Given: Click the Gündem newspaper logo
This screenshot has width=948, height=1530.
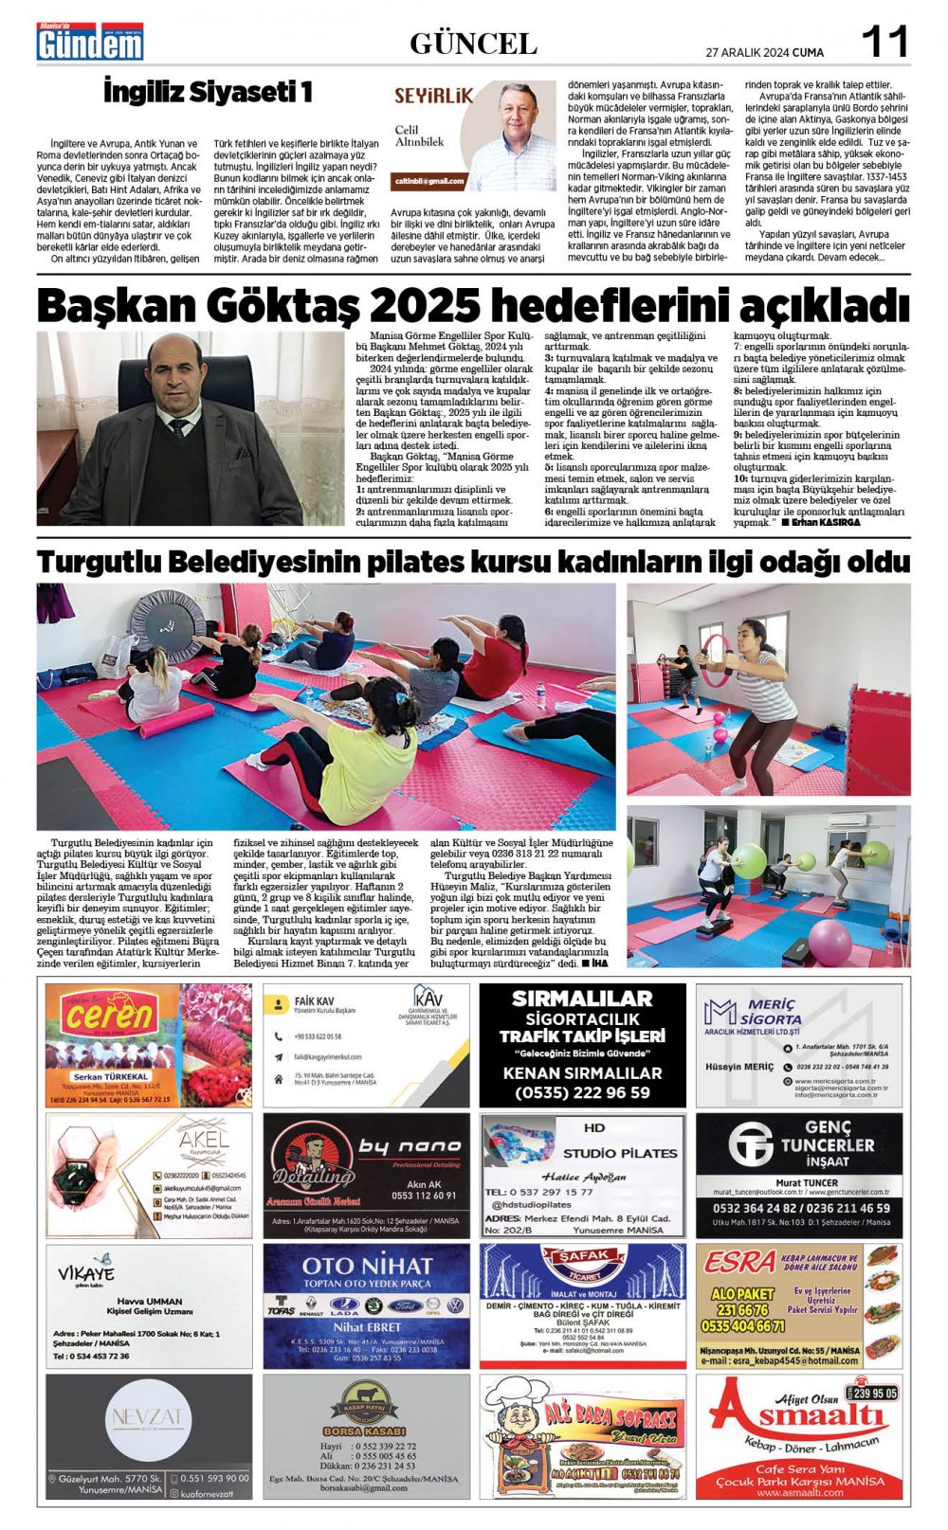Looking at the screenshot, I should coord(90,43).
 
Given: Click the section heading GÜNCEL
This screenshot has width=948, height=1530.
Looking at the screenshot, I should coord(473,44).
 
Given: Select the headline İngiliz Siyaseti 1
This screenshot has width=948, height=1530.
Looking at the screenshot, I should coord(208,92).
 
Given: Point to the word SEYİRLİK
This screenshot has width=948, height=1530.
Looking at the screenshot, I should coord(433,96).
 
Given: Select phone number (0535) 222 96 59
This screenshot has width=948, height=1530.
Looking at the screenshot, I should coord(582,1092).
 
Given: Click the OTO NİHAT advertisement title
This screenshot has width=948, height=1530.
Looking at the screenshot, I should coord(366,1266).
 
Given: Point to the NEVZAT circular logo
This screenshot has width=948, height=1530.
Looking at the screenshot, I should coord(148,1418).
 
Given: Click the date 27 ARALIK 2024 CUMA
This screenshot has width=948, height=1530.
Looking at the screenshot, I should coord(764,52).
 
